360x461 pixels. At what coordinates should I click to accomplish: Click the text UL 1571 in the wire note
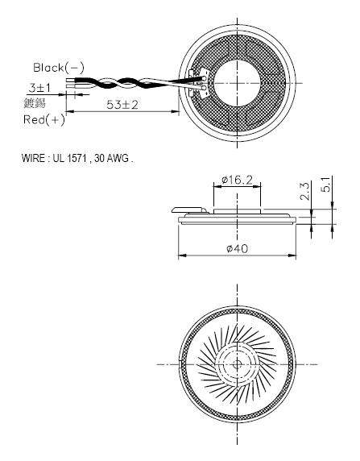[68, 157]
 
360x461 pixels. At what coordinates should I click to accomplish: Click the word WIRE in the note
[34, 157]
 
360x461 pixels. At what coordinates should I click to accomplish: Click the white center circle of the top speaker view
[237, 82]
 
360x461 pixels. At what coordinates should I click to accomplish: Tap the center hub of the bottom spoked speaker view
[237, 364]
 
